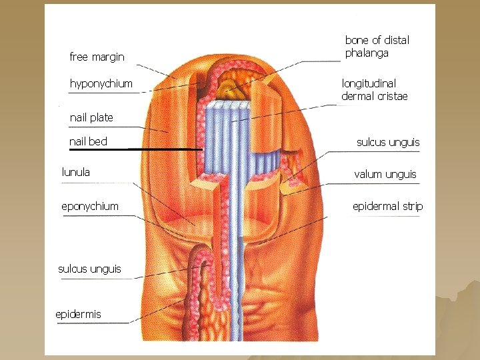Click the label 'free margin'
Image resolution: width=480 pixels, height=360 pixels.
click(x=97, y=57)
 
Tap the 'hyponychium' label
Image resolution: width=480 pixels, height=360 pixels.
click(x=101, y=84)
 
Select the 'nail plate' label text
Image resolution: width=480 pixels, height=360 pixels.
click(x=91, y=118)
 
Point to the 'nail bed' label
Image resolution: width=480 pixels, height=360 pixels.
click(x=88, y=141)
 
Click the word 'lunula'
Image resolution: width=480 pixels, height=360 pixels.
click(x=76, y=172)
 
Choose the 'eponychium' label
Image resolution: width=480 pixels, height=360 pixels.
click(x=90, y=207)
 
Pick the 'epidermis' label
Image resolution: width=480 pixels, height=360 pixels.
click(x=78, y=314)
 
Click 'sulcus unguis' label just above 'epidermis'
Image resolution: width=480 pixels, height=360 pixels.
click(x=89, y=269)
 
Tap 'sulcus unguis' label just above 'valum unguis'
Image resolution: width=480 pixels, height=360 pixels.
click(x=388, y=143)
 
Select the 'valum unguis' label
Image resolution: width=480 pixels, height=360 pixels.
click(x=385, y=175)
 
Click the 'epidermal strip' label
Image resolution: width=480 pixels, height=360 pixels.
click(x=387, y=207)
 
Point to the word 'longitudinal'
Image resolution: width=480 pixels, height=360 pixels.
click(x=369, y=84)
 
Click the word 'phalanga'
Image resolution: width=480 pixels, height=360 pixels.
click(x=367, y=53)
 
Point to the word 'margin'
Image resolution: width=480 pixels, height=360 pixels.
click(x=109, y=57)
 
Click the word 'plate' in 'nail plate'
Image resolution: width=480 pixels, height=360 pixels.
click(x=101, y=118)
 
